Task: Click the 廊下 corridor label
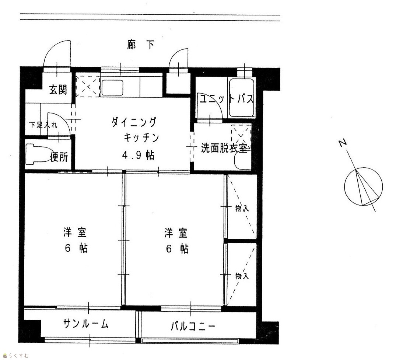click(x=140, y=45)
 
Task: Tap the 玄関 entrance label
click(x=58, y=90)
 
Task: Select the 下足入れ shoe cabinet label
click(x=43, y=125)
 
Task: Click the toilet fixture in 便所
click(x=38, y=154)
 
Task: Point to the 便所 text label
click(x=59, y=157)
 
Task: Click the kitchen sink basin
click(x=112, y=88)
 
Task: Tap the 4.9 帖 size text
click(x=138, y=155)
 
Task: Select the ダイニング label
click(x=134, y=122)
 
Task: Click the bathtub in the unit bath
click(x=241, y=98)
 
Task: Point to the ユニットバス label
click(x=226, y=99)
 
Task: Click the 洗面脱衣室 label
click(x=224, y=148)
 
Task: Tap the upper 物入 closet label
click(x=242, y=209)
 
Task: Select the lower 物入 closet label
click(x=242, y=276)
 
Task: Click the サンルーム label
click(x=86, y=324)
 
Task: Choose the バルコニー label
click(x=193, y=326)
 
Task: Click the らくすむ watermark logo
click(x=16, y=356)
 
